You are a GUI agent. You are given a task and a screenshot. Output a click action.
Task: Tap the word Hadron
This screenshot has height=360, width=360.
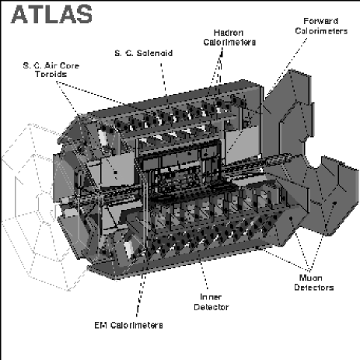tap(228, 33)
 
